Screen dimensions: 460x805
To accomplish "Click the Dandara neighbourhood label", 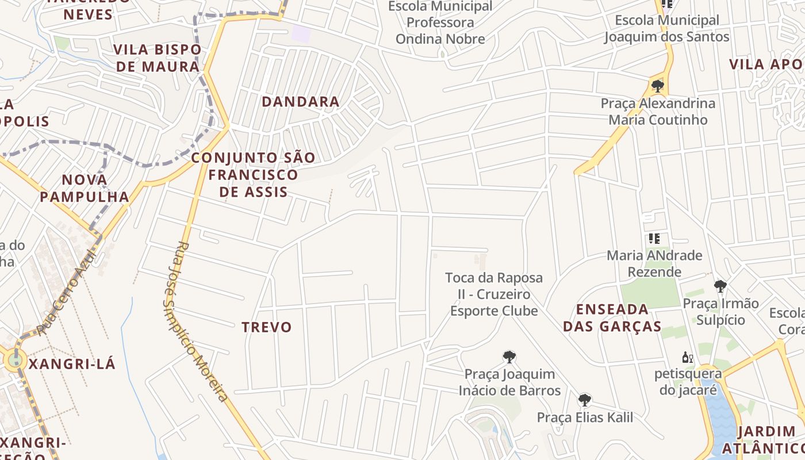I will tap(300, 102).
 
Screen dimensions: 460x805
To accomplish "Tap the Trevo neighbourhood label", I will tap(267, 327).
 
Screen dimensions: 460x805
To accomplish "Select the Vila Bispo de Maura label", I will tap(158, 58).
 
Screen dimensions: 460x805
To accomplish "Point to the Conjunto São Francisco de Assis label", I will tap(253, 174).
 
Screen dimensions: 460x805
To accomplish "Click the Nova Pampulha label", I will tap(85, 188).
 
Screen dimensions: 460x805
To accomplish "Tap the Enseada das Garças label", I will tap(612, 317).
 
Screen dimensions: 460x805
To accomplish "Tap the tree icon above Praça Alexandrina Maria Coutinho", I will tap(658, 87).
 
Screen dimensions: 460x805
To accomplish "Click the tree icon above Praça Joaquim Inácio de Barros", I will tap(509, 357).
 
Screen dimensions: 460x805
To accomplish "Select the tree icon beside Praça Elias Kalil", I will tap(585, 400).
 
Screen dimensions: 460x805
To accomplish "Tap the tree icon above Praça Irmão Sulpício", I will tap(720, 286).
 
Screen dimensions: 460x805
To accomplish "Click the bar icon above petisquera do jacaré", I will tap(687, 358).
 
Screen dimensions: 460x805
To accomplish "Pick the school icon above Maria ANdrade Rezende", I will tap(654, 238).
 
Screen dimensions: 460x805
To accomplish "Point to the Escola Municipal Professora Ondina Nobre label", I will tap(440, 23).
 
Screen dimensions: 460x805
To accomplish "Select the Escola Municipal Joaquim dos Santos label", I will tap(666, 29).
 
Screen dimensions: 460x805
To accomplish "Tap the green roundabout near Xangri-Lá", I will tap(14, 361).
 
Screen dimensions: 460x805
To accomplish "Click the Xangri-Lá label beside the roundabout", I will tap(72, 364).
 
